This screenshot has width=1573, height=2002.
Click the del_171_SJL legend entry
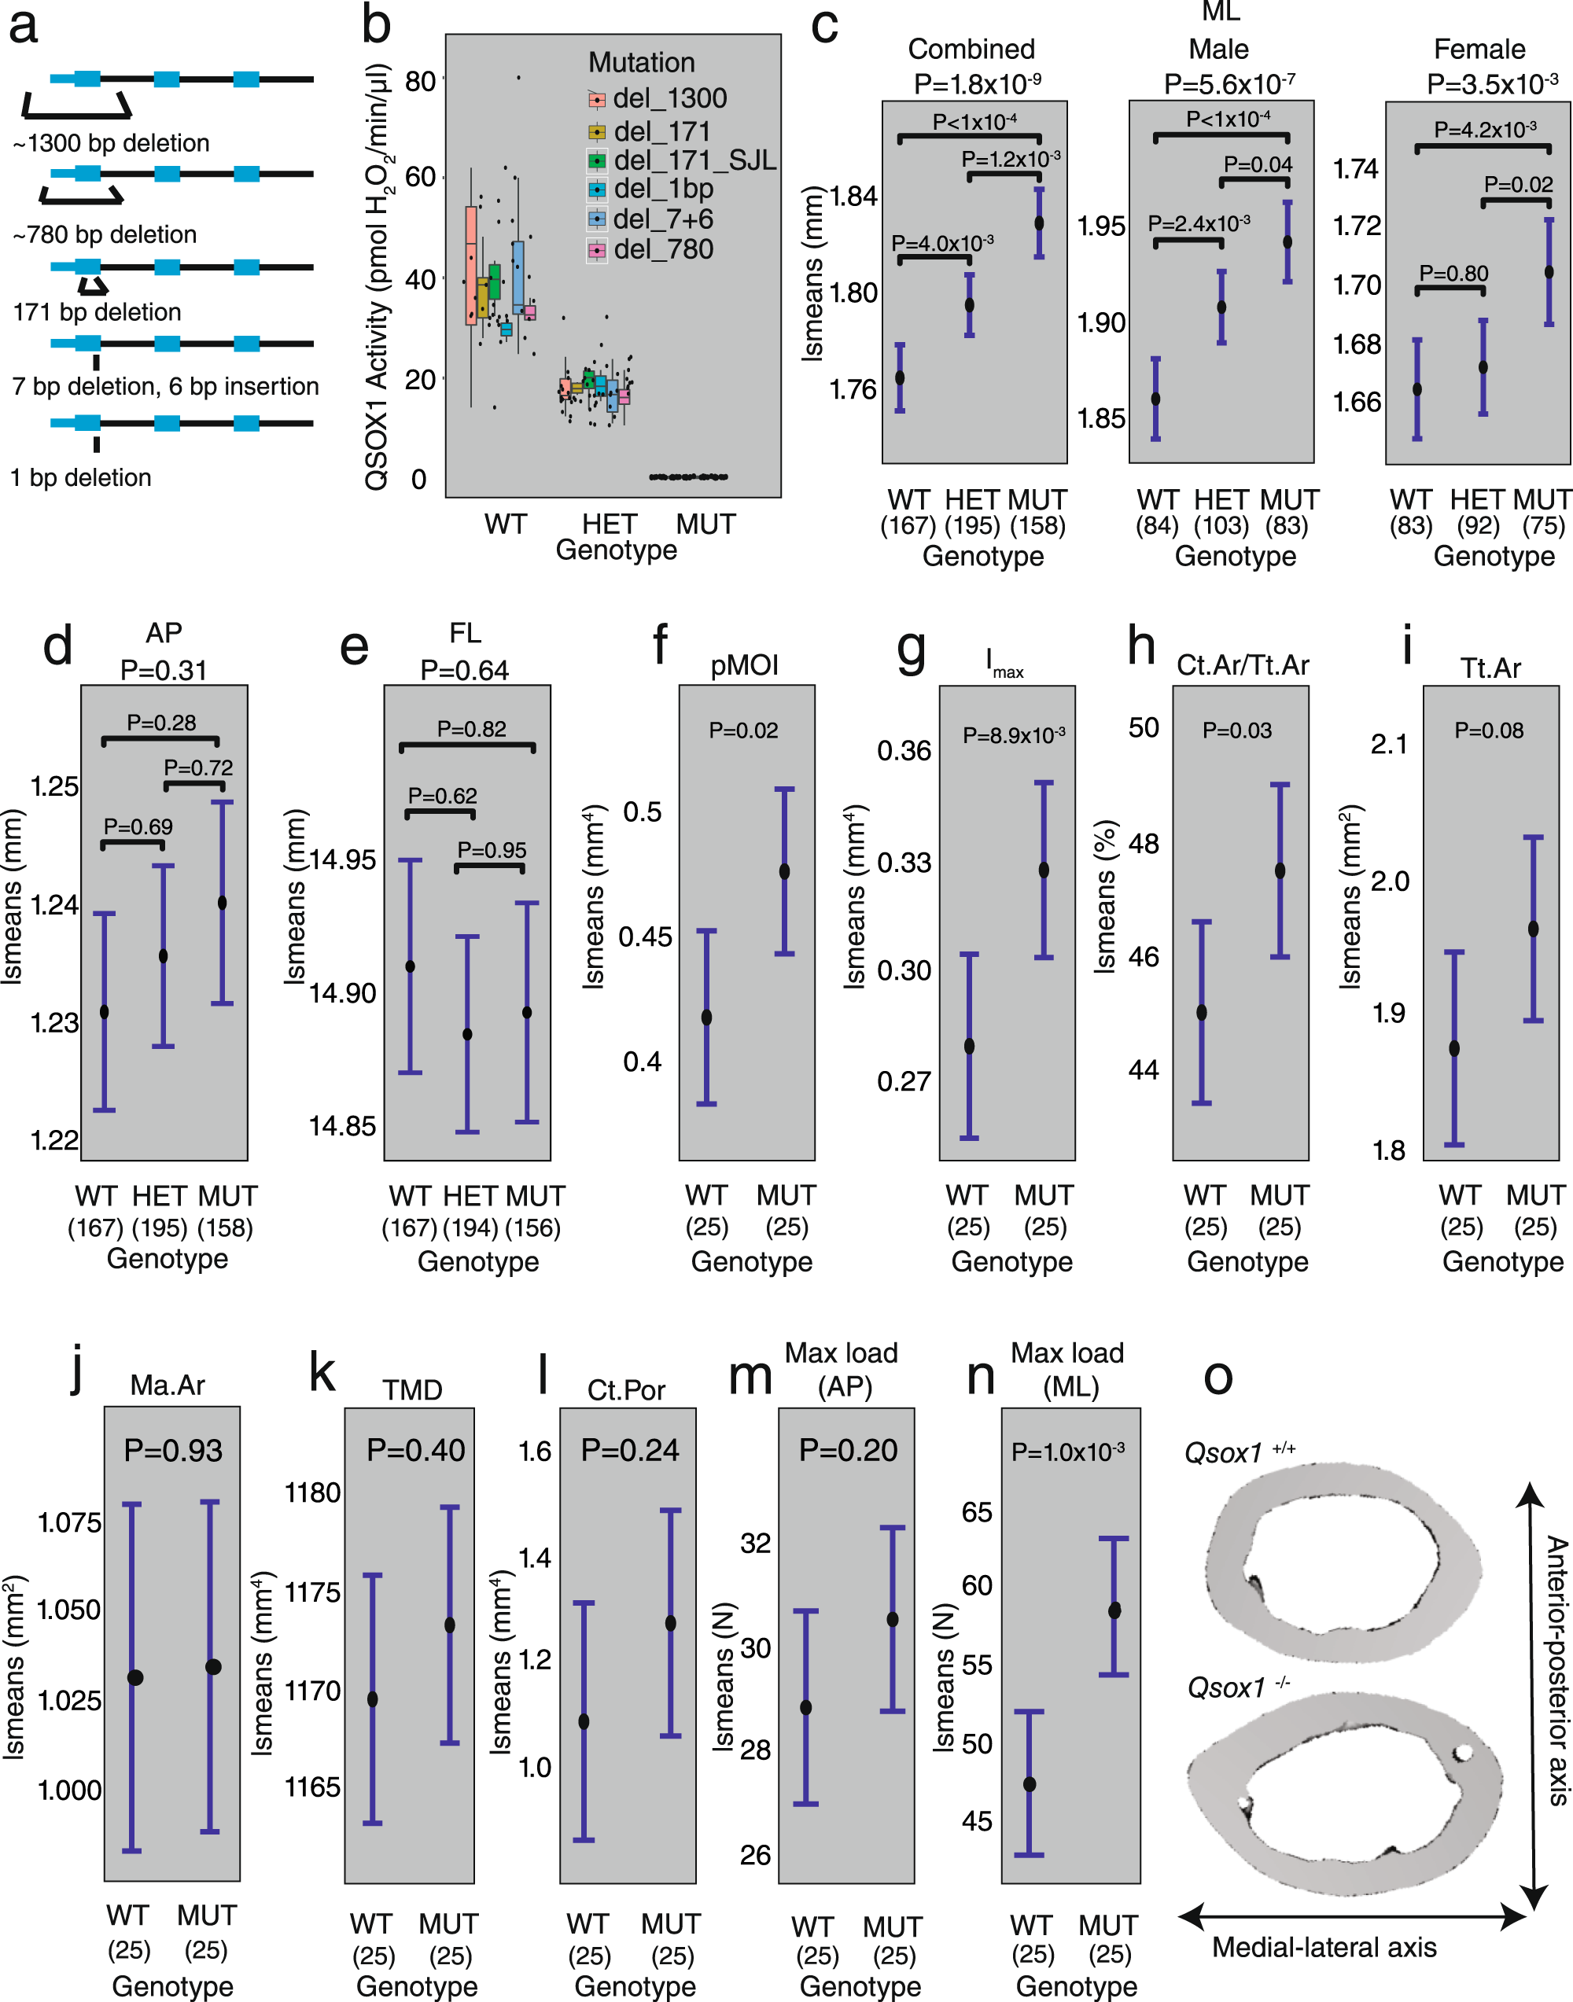694,160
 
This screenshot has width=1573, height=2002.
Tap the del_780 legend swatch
597,251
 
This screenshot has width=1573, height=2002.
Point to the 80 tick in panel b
420,81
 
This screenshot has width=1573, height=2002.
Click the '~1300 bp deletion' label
112,143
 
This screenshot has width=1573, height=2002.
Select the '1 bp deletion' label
81,477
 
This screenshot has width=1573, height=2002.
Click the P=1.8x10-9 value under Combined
977,85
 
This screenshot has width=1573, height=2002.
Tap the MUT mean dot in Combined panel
1039,223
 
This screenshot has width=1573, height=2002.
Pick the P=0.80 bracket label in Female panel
1453,273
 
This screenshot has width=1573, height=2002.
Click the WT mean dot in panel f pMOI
706,1018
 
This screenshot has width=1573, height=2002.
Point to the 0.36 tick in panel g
904,750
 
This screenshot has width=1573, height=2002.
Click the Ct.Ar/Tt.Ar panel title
1243,665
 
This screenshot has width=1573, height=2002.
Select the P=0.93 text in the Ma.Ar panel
173,1451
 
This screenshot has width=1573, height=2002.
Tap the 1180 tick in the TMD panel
312,1492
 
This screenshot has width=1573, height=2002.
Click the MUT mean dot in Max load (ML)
1114,1610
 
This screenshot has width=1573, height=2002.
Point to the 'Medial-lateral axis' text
1324,1948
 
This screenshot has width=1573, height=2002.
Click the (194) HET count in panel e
470,1227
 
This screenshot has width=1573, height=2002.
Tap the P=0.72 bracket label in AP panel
198,767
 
